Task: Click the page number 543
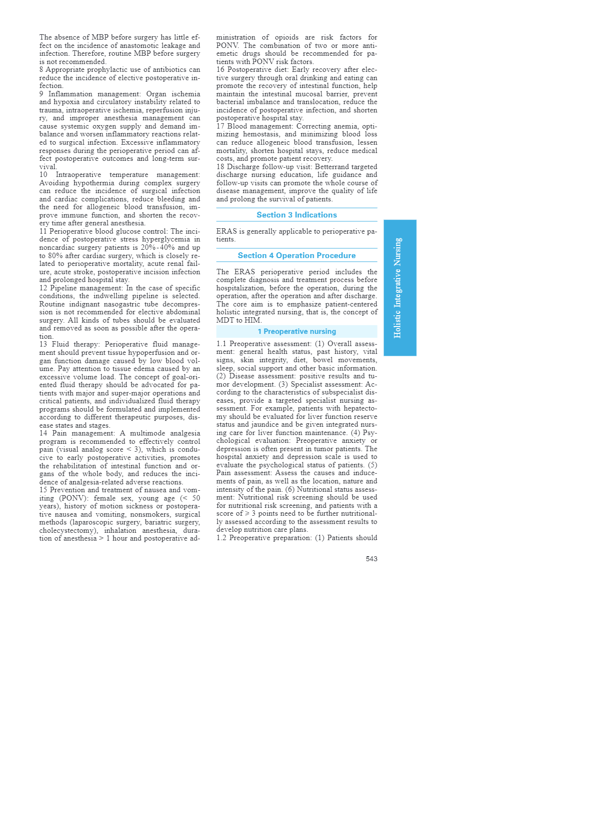(371, 559)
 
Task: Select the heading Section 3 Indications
(297, 215)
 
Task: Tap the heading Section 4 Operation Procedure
(297, 256)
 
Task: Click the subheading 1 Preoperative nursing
(297, 331)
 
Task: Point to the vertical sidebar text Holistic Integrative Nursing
(398, 288)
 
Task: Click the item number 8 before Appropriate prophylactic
(42, 70)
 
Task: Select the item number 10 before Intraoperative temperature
(43, 175)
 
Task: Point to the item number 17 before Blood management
(220, 127)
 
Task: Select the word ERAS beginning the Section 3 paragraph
(226, 232)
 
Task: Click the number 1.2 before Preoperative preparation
(221, 538)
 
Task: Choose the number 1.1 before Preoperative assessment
(221, 344)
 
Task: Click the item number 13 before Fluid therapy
(43, 345)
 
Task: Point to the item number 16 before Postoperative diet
(220, 70)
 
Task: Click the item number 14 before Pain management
(43, 434)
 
